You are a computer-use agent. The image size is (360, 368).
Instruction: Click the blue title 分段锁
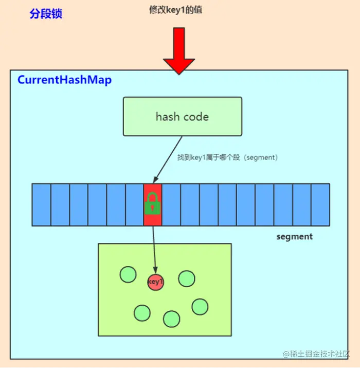click(46, 14)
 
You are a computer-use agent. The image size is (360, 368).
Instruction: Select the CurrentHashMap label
click(64, 80)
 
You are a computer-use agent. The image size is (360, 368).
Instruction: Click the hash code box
click(182, 116)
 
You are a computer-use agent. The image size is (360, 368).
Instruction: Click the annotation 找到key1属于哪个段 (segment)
click(227, 157)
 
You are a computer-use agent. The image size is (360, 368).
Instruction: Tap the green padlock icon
click(153, 204)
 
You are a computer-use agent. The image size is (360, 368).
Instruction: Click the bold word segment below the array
click(294, 237)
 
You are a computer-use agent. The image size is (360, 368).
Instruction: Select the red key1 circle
click(155, 282)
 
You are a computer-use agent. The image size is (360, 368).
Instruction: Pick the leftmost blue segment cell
click(41, 204)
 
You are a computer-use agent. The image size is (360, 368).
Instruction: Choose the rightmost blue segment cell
click(320, 204)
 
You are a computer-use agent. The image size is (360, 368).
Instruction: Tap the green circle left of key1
click(128, 274)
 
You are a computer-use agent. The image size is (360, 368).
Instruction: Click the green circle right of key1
click(186, 278)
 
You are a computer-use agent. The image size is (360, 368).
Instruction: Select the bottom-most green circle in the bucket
click(171, 319)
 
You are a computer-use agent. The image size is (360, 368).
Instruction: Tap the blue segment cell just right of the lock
click(171, 204)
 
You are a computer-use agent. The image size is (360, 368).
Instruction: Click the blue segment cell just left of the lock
click(134, 204)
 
